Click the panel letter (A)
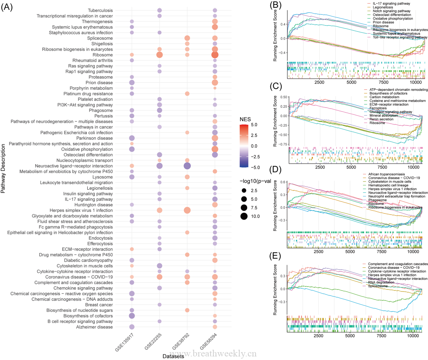click(x=7, y=7)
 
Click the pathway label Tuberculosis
click(x=100, y=10)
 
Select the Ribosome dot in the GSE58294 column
click(x=215, y=55)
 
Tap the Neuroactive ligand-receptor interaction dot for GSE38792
click(x=187, y=166)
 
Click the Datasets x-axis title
click(x=173, y=356)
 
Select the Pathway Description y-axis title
click(x=3, y=169)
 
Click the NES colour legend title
click(x=245, y=119)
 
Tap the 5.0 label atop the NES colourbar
click(x=254, y=125)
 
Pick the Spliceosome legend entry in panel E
click(x=378, y=286)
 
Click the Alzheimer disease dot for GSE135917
click(x=132, y=327)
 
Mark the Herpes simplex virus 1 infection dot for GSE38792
click(x=187, y=210)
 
